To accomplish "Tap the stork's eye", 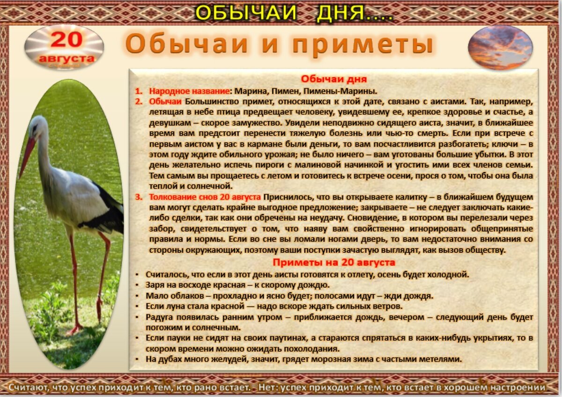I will pyautogui.click(x=35, y=127).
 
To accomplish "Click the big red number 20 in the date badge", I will pyautogui.click(x=66, y=40).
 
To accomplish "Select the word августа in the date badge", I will pyautogui.click(x=67, y=59).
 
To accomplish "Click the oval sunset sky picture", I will pyautogui.click(x=500, y=47).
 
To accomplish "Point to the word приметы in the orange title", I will pyautogui.click(x=362, y=45).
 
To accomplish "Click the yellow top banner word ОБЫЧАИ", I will pyautogui.click(x=245, y=13).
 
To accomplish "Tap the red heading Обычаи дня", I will pyautogui.click(x=333, y=79).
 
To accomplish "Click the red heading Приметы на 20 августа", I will pyautogui.click(x=333, y=262).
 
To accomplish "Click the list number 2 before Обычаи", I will pyautogui.click(x=139, y=101).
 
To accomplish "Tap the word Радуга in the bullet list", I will pyautogui.click(x=160, y=317).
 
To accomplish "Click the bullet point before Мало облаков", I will pyautogui.click(x=136, y=296).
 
